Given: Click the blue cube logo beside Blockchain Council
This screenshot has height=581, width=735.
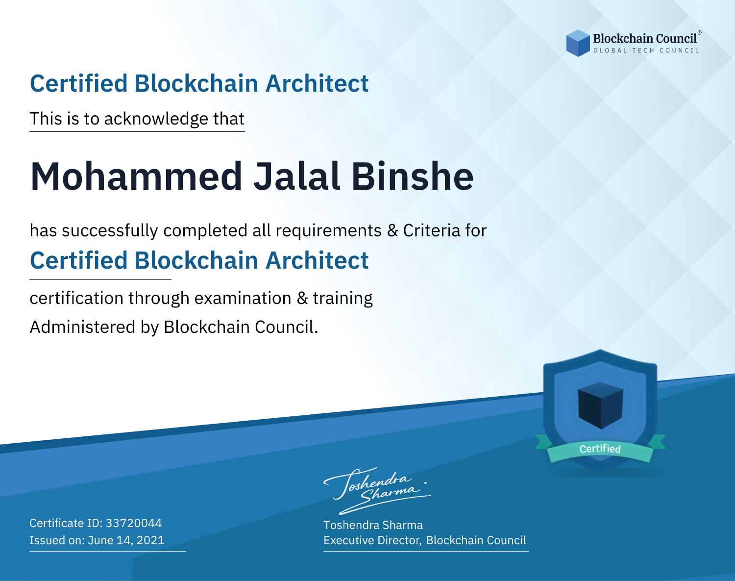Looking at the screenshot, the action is point(578,43).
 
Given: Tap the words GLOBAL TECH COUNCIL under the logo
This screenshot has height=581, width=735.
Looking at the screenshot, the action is point(646,51).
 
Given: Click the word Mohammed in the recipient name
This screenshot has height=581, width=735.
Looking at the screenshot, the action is point(136,177).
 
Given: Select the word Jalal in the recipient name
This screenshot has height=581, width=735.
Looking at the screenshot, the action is point(297,177).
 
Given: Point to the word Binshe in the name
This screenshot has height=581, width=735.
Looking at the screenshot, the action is point(413,177).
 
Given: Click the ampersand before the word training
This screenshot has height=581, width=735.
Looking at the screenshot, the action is point(302,298).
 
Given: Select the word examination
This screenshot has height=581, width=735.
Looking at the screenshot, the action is point(243,298).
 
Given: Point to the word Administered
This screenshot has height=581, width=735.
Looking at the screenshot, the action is point(83,327).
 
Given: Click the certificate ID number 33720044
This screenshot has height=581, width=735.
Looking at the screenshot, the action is point(134,523).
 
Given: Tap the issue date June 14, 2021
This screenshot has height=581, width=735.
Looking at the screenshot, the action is point(126,540).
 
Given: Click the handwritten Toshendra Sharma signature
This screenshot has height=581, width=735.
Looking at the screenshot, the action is point(377,490).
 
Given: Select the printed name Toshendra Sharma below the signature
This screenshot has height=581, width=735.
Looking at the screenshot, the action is point(373,525).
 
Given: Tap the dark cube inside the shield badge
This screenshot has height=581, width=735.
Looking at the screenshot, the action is point(600,405).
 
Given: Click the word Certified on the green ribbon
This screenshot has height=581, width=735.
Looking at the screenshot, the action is point(600,449).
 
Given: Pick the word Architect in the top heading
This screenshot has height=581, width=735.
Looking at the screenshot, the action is point(317,83).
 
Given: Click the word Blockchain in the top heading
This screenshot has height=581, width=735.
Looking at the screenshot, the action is point(196,83).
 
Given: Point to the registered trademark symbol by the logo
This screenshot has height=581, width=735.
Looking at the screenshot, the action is point(700,33).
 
